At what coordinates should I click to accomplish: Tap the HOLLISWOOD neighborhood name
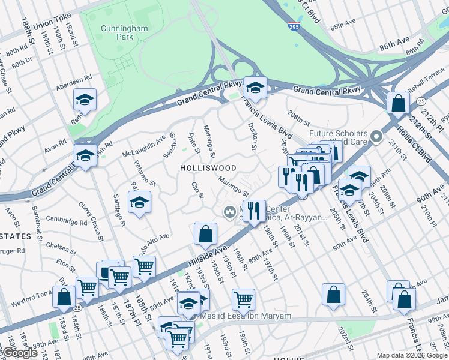[208, 169]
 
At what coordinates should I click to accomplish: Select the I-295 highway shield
[294, 26]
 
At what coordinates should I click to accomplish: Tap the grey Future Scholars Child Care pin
[376, 137]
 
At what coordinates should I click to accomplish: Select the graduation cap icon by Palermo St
[139, 202]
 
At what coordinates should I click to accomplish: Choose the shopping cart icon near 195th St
[243, 299]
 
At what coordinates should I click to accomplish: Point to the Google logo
[20, 353]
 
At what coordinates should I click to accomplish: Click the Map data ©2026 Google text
[412, 355]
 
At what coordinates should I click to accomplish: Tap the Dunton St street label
[253, 137]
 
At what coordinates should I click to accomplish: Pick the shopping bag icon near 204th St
[333, 294]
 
